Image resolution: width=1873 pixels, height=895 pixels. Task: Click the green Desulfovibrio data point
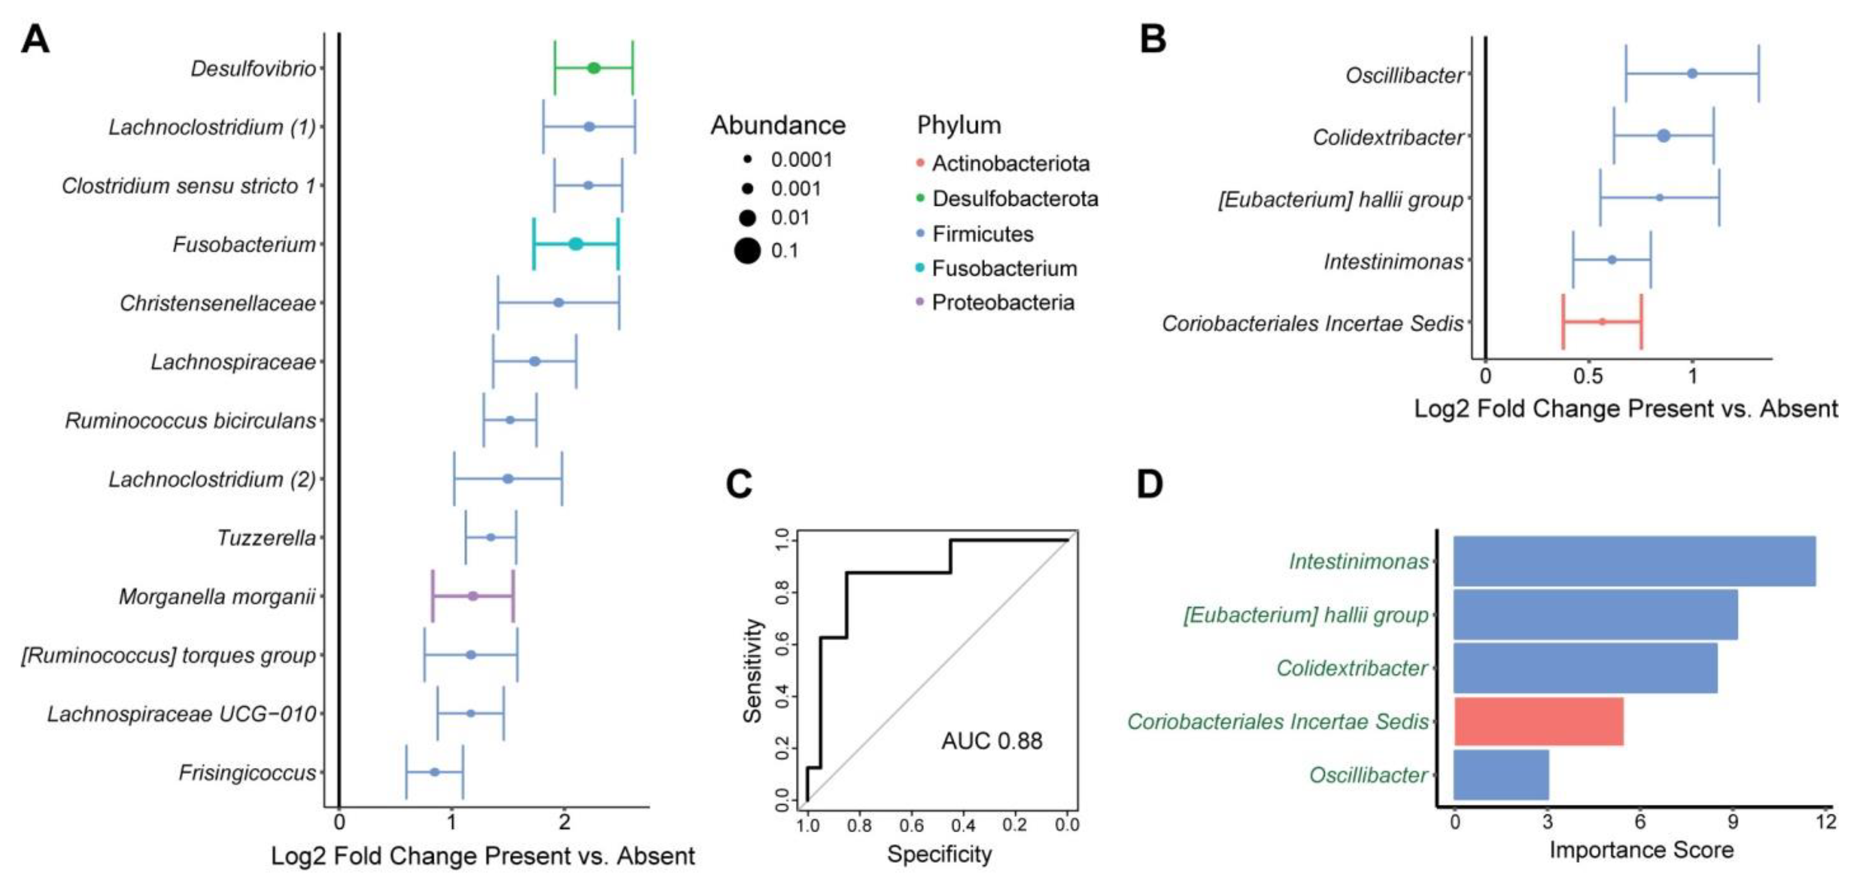pyautogui.click(x=593, y=68)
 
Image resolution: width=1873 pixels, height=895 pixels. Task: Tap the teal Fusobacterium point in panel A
pyautogui.click(x=575, y=244)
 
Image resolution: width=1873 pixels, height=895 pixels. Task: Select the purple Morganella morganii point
pyautogui.click(x=472, y=596)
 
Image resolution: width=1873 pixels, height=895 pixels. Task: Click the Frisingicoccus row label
pyautogui.click(x=247, y=773)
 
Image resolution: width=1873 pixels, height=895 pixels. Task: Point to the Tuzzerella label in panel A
pyautogui.click(x=266, y=538)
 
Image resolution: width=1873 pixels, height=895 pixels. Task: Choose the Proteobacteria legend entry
pyautogui.click(x=1003, y=302)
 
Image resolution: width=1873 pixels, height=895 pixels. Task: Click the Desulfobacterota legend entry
pyautogui.click(x=1014, y=199)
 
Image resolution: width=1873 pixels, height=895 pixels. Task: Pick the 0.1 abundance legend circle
pyautogui.click(x=747, y=251)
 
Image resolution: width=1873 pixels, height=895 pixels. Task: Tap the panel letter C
pyautogui.click(x=739, y=484)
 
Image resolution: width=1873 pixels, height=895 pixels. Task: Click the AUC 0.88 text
pyautogui.click(x=992, y=741)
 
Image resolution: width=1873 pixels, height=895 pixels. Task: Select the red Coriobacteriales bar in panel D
pyautogui.click(x=1539, y=721)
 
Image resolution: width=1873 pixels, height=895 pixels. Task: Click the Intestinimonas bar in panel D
pyautogui.click(x=1634, y=561)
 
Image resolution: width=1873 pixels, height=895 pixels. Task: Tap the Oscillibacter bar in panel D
pyautogui.click(x=1501, y=775)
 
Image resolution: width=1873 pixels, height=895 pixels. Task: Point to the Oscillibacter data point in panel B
pyautogui.click(x=1692, y=74)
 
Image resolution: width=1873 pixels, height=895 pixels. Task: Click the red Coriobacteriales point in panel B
pyautogui.click(x=1601, y=321)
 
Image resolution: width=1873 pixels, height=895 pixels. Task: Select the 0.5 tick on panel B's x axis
pyautogui.click(x=1588, y=377)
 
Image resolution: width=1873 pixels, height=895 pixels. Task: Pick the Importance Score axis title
pyautogui.click(x=1641, y=850)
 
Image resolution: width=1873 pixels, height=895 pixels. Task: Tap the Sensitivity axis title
pyautogui.click(x=752, y=670)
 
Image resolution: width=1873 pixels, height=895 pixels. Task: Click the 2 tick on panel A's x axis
pyautogui.click(x=564, y=823)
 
